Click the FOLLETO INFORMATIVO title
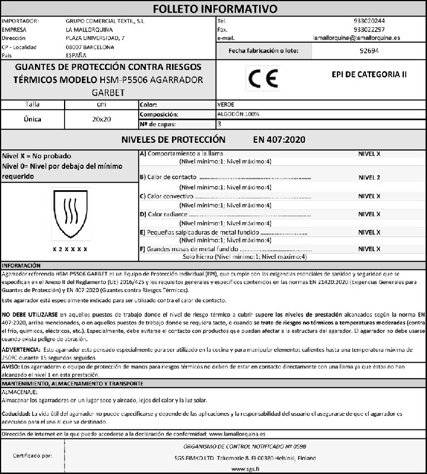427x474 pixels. pyautogui.click(x=215, y=8)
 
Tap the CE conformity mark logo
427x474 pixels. pyautogui.click(x=262, y=78)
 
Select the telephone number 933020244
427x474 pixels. pyautogui.click(x=368, y=21)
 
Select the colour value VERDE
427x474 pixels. pyautogui.click(x=226, y=104)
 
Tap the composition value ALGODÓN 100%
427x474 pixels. pyautogui.click(x=238, y=114)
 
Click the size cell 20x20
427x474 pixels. pyautogui.click(x=101, y=119)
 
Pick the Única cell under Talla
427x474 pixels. pyautogui.click(x=32, y=119)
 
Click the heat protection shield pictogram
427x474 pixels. pyautogui.click(x=70, y=214)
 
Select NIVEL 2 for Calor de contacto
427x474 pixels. pyautogui.click(x=369, y=177)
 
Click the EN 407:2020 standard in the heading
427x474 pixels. pyautogui.click(x=278, y=140)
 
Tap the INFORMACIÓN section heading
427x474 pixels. pyautogui.click(x=21, y=265)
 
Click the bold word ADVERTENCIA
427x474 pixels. pyautogui.click(x=20, y=351)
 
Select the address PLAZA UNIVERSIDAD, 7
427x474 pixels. pyautogui.click(x=95, y=38)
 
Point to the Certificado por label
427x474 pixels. pyautogui.click(x=33, y=456)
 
